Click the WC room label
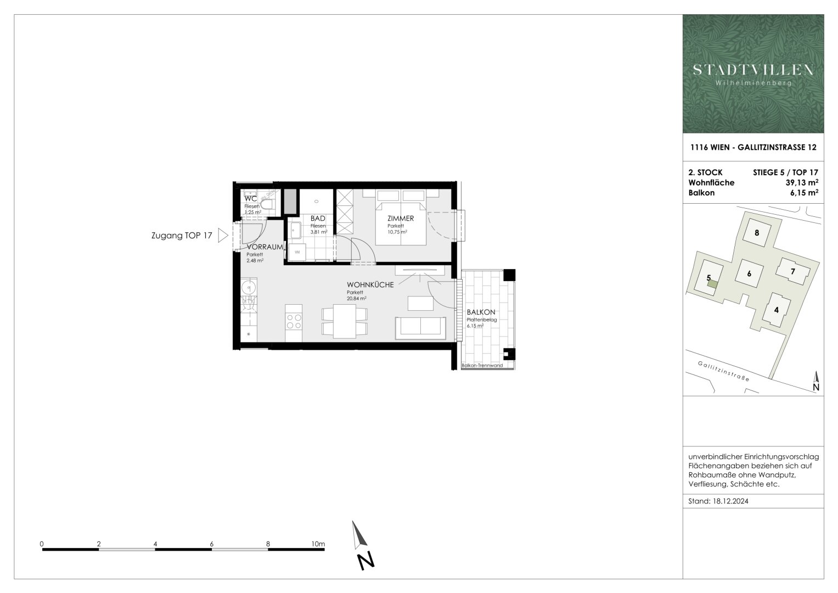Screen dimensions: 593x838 (x=251, y=198)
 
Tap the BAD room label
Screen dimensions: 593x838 (x=318, y=219)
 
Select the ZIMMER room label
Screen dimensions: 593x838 (x=401, y=219)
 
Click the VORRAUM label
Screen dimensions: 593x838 (x=265, y=247)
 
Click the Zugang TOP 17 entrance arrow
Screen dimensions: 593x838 (x=223, y=236)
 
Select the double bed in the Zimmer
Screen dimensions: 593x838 (x=401, y=217)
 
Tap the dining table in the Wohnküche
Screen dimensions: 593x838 (x=345, y=321)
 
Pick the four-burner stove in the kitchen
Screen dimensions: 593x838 (x=294, y=321)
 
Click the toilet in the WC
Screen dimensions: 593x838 (x=267, y=205)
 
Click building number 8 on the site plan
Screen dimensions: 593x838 (x=757, y=233)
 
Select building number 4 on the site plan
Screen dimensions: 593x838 (x=776, y=310)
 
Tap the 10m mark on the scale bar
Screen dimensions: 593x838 (x=318, y=544)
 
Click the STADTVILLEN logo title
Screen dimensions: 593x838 (x=753, y=70)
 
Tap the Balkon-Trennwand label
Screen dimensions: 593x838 (x=482, y=365)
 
